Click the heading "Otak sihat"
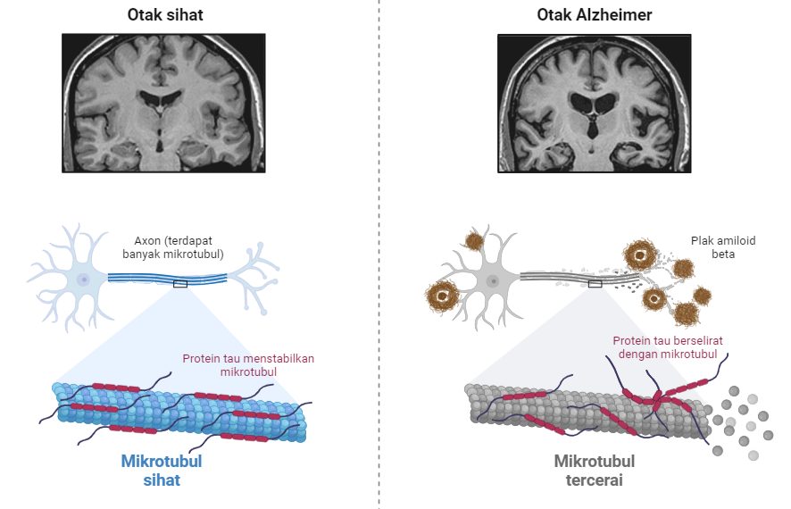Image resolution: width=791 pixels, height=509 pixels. point(165,14)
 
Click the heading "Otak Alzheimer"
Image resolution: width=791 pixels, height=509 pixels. point(595,14)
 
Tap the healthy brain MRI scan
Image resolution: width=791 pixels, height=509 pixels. point(163,104)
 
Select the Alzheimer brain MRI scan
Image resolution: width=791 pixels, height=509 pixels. point(595,104)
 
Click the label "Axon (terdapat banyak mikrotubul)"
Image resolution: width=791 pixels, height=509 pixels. point(173,247)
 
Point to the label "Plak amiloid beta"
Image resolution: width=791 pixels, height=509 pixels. point(723,247)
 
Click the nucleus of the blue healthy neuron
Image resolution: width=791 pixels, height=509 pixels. point(83,279)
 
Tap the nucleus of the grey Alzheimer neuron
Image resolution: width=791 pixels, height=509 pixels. point(493,281)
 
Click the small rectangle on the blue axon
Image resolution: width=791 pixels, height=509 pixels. point(180,284)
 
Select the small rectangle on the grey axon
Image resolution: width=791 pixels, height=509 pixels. point(595,284)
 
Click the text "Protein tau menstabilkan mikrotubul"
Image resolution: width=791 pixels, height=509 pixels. point(248,365)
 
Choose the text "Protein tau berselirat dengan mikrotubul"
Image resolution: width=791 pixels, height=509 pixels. point(668,347)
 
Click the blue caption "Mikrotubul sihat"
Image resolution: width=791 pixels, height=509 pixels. point(162,471)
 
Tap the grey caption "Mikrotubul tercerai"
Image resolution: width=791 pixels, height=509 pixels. point(595,471)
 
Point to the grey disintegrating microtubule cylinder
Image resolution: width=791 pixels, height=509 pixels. point(585,411)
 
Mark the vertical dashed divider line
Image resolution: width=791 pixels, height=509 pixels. point(379,254)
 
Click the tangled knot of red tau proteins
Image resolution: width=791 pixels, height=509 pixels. point(657,398)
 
